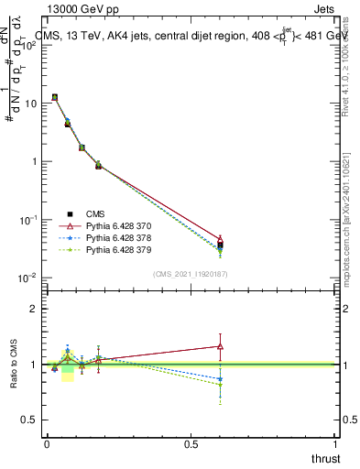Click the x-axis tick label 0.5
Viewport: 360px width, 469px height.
coord(191,444)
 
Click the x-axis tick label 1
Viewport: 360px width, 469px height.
coord(336,444)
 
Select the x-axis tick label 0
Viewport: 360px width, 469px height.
coord(46,444)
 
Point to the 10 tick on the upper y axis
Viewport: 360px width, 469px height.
coord(29,104)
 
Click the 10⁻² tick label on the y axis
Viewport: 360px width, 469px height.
coord(27,278)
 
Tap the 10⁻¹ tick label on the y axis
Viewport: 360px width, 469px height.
coord(27,220)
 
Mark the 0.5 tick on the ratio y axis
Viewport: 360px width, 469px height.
coord(30,420)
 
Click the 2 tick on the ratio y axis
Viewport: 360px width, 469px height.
coord(34,309)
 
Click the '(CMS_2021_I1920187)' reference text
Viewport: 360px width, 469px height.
coord(191,273)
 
